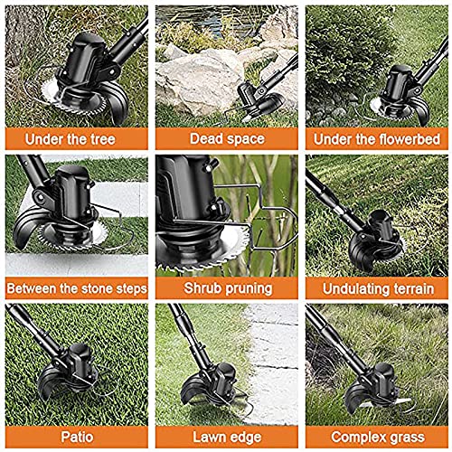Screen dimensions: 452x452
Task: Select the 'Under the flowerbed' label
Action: point(376,139)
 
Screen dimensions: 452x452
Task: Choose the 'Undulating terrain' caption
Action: point(376,289)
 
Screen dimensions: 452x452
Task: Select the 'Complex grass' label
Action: point(376,438)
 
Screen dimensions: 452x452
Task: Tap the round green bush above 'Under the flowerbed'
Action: point(348,54)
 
